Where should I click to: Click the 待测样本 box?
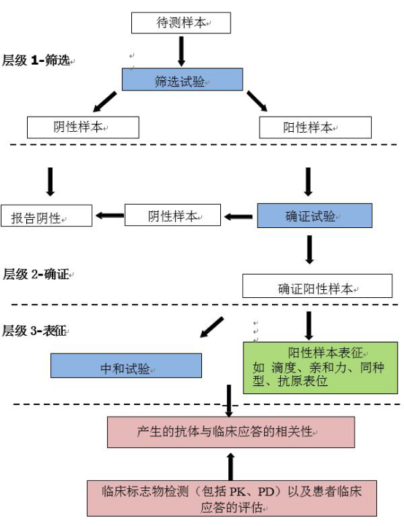(x=181, y=23)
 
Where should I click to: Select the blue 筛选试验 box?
(x=182, y=79)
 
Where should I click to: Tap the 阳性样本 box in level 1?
(x=315, y=127)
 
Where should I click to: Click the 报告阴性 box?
(x=47, y=216)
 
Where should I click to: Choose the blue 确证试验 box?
(x=315, y=216)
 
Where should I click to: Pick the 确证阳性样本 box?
(x=317, y=286)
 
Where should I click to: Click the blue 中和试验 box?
(x=126, y=366)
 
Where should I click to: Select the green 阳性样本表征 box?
(x=320, y=368)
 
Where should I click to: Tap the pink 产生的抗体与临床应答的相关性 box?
(x=231, y=432)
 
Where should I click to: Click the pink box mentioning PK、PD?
(x=232, y=498)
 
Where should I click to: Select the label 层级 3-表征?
(x=34, y=331)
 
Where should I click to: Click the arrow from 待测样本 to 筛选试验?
(x=182, y=51)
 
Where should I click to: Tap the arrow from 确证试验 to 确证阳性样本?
(x=310, y=250)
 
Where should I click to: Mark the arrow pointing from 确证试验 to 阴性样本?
(x=238, y=217)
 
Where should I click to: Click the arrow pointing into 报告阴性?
(x=110, y=216)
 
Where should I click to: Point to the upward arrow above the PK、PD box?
(x=230, y=466)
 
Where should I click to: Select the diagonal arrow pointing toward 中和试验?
(x=211, y=327)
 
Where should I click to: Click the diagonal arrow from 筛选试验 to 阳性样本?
(x=257, y=101)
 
